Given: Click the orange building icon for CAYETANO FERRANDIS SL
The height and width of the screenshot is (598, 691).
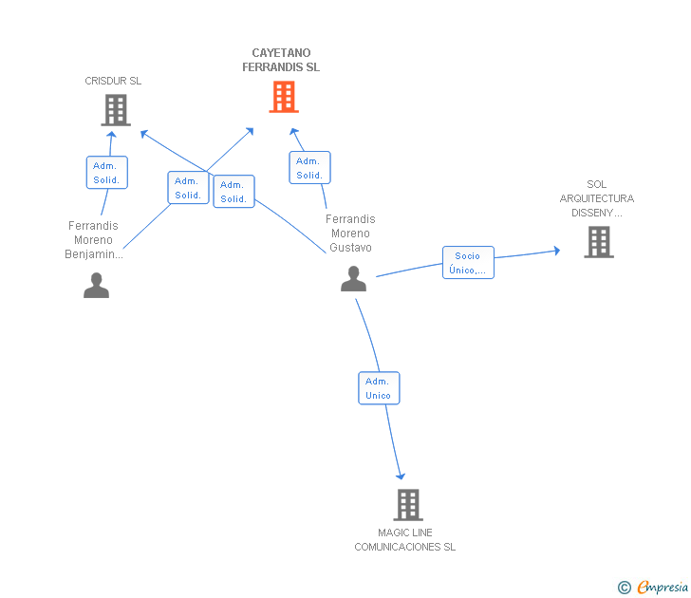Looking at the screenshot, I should click(x=283, y=97).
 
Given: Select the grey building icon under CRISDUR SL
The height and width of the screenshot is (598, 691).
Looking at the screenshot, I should click(x=115, y=111).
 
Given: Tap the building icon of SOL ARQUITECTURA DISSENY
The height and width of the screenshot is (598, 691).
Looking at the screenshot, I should click(x=598, y=242).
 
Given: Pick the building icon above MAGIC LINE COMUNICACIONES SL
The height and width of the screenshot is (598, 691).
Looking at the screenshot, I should click(x=407, y=505).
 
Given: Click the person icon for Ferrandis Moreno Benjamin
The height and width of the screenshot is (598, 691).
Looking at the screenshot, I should click(x=96, y=285).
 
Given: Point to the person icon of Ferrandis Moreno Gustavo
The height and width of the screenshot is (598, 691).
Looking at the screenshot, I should click(x=353, y=279).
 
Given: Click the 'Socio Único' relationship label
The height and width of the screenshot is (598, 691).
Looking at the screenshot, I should click(x=468, y=263).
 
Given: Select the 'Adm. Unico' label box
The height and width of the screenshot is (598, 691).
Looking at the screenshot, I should click(x=379, y=388).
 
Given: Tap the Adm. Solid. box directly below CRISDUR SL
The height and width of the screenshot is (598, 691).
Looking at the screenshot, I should click(x=106, y=173).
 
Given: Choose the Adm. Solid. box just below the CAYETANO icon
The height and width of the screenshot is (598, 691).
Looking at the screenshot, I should click(x=309, y=168).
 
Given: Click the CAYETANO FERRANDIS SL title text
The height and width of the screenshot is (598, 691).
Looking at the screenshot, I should click(x=281, y=60).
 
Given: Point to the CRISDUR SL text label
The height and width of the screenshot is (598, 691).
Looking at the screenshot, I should click(x=113, y=81).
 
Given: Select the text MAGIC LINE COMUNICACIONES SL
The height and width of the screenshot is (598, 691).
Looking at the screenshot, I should click(x=405, y=540).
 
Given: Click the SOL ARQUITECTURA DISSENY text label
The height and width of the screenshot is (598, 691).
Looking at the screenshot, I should click(x=597, y=198).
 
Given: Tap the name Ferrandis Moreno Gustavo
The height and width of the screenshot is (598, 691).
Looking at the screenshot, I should click(x=350, y=234).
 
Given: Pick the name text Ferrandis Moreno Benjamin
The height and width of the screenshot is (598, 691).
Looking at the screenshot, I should click(x=94, y=240).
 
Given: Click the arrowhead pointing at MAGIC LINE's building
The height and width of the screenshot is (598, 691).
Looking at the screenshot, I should click(x=401, y=476).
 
